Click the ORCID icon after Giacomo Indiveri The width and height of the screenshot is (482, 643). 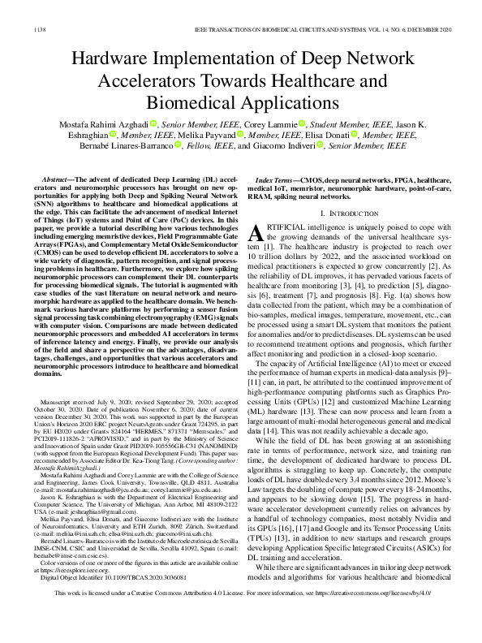[x=319, y=147]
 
